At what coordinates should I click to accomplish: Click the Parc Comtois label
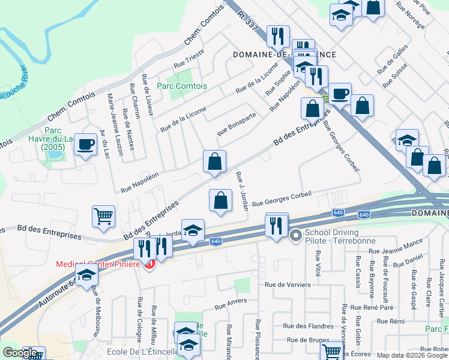click(x=181, y=86)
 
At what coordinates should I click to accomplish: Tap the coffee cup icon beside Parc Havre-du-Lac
click(x=86, y=144)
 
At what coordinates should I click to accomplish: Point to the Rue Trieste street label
click(x=189, y=58)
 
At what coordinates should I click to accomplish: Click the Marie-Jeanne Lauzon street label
click(x=111, y=124)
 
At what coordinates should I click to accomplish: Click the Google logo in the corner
click(x=20, y=353)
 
